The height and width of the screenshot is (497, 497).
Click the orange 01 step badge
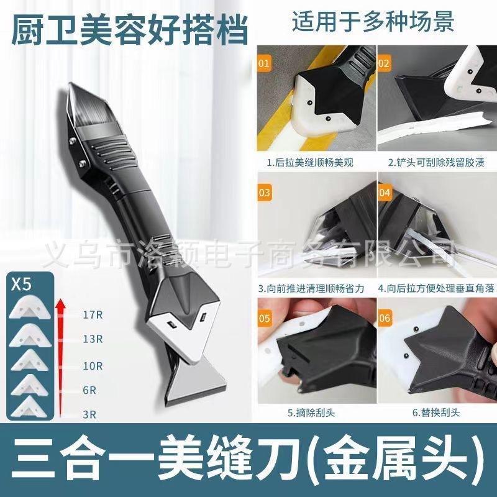265,64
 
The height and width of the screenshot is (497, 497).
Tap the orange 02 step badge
383,63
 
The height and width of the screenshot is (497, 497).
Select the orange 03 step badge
265,193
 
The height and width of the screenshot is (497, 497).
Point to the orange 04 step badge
384,193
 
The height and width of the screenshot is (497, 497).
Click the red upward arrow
60,354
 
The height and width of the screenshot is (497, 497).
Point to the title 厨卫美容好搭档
130,30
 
